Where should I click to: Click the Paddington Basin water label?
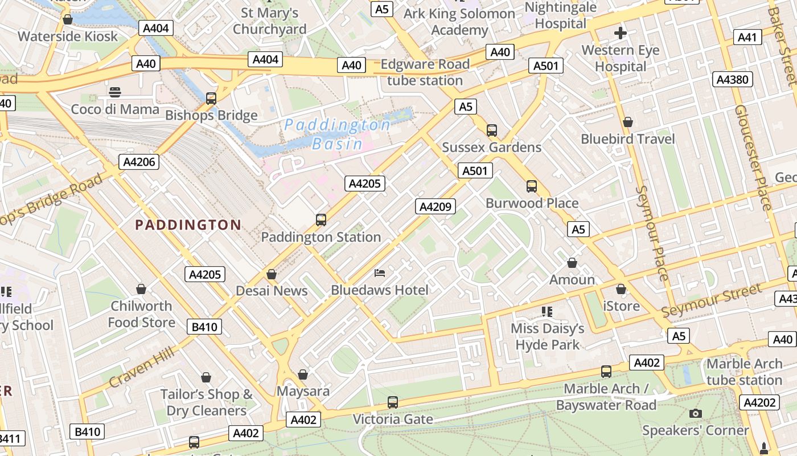click(x=338, y=133)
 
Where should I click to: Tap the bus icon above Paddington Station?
click(x=321, y=219)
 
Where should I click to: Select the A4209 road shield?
click(x=436, y=206)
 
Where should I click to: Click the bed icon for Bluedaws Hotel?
click(x=380, y=273)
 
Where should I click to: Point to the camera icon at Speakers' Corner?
click(x=695, y=413)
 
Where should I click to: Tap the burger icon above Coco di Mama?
click(x=115, y=92)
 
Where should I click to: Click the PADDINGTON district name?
click(x=188, y=225)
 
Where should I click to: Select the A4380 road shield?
click(x=732, y=79)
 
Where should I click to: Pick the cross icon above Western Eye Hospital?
click(x=621, y=33)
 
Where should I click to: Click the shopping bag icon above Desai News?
click(x=272, y=274)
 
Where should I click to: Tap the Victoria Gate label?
click(x=393, y=419)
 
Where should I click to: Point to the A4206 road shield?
click(x=139, y=162)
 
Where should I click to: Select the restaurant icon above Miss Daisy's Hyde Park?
click(x=547, y=311)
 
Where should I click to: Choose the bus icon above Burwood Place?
click(x=532, y=186)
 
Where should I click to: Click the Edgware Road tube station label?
click(x=425, y=72)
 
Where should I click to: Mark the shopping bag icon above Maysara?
click(x=303, y=374)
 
